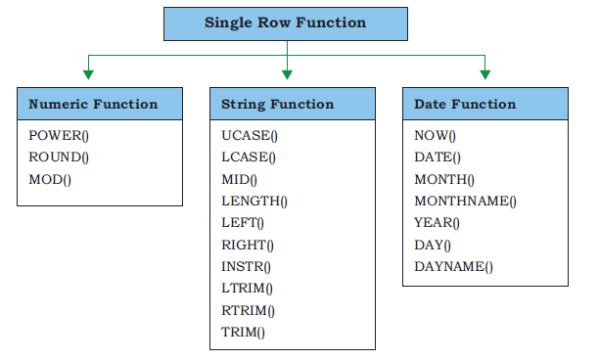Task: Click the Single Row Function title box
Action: click(286, 23)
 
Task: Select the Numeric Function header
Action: click(100, 104)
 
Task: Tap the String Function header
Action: click(293, 104)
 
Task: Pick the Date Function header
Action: click(485, 104)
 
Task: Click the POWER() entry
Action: click(59, 136)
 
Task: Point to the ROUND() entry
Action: click(59, 157)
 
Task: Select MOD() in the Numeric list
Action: click(50, 179)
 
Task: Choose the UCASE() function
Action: click(250, 136)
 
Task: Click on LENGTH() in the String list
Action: click(254, 202)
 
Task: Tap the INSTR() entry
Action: click(246, 266)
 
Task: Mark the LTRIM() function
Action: click(248, 289)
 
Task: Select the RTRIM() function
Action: click(248, 310)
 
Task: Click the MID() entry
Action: click(239, 179)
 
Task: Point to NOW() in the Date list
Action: click(436, 136)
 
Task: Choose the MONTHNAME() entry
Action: click(465, 202)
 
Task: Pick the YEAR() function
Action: click(438, 223)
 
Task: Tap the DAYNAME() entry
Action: click(454, 266)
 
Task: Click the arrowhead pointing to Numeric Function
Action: click(88, 74)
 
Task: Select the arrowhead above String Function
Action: click(288, 74)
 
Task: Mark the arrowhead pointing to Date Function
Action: click(485, 74)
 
